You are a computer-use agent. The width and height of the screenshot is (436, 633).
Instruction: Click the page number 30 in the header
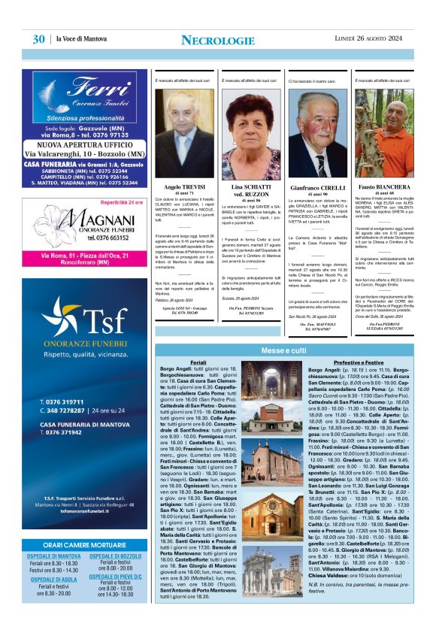(x=38, y=39)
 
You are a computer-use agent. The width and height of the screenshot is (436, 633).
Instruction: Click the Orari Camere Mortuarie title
(x=83, y=544)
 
